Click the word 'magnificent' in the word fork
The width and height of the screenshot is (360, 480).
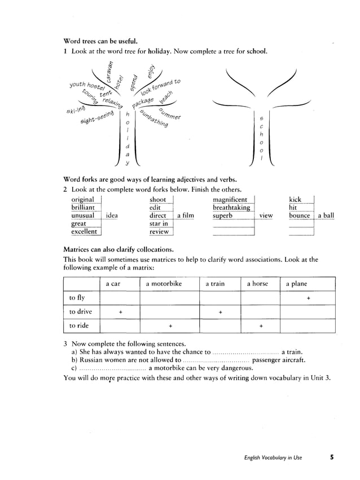230,200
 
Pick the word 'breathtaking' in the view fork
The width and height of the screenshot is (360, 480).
231,208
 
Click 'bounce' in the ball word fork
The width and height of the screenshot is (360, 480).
300,215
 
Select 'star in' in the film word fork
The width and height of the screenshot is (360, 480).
159,223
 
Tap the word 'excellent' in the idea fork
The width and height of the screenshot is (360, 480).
84,231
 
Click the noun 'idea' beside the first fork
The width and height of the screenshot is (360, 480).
112,215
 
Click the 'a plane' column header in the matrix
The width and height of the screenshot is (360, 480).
296,284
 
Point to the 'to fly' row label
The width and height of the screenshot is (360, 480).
77,298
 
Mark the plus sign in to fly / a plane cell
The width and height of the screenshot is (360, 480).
308,298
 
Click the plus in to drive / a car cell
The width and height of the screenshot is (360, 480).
120,312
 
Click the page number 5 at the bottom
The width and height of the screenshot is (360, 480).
332,457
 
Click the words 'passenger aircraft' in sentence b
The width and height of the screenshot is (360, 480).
279,359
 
